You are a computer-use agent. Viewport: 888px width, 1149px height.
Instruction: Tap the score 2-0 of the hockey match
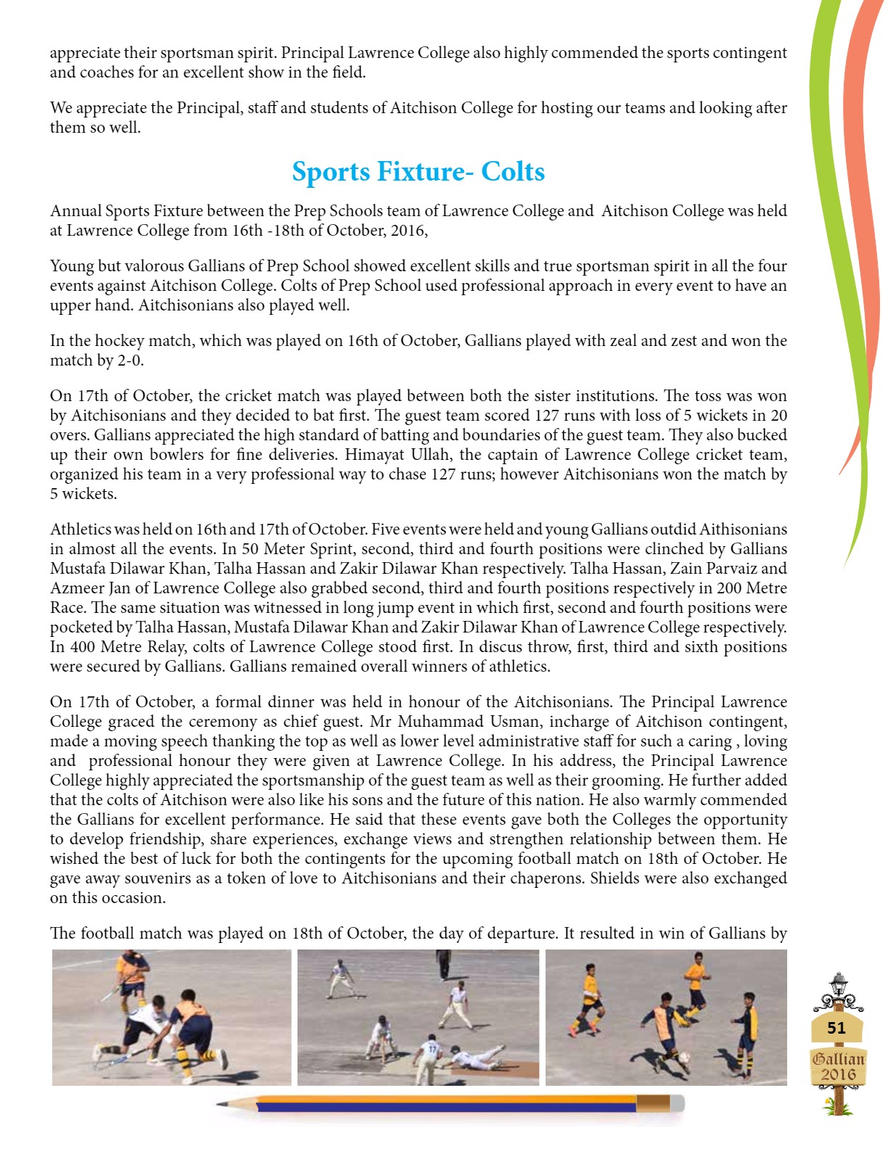pos(127,361)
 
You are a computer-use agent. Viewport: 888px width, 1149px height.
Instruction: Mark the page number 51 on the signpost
pos(836,1028)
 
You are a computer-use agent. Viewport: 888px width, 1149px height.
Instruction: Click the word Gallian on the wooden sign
pos(838,1059)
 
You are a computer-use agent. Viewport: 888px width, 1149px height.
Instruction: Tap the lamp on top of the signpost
pos(839,984)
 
